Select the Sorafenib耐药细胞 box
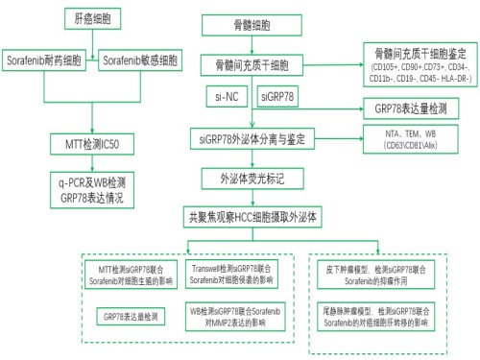[48, 60]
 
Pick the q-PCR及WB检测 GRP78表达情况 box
[94, 187]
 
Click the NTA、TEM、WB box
[413, 140]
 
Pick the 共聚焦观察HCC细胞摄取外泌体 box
[254, 217]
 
